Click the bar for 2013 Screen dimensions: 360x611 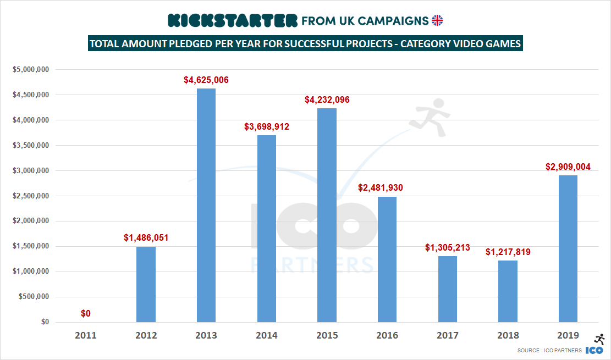pyautogui.click(x=206, y=205)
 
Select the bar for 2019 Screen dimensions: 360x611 pyautogui.click(x=568, y=248)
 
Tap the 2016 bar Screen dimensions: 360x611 pyautogui.click(x=387, y=259)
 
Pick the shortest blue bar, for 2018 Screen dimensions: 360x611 pyautogui.click(x=508, y=291)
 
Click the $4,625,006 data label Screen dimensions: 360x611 pyautogui.click(x=206, y=80)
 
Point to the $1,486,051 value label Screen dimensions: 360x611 pyautogui.click(x=146, y=238)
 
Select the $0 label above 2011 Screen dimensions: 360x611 pyautogui.click(x=86, y=313)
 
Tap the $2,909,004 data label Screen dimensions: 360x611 pyautogui.click(x=568, y=167)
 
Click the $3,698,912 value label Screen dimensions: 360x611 pyautogui.click(x=267, y=127)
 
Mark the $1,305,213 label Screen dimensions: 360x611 pyautogui.click(x=448, y=248)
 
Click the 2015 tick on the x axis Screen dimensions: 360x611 pyautogui.click(x=327, y=335)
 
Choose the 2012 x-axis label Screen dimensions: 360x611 pyautogui.click(x=146, y=335)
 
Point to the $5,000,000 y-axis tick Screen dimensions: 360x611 pyautogui.click(x=31, y=70)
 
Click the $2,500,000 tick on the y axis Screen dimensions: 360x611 pyautogui.click(x=31, y=196)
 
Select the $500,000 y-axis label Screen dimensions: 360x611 pyautogui.click(x=34, y=297)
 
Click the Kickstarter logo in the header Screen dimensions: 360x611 pyautogui.click(x=232, y=21)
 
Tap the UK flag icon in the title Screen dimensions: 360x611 pyautogui.click(x=437, y=21)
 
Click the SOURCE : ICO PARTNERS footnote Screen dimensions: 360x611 pyautogui.click(x=549, y=351)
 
